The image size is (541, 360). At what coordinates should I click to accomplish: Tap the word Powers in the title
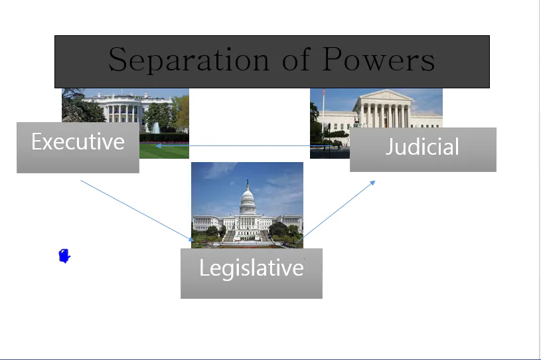(379, 60)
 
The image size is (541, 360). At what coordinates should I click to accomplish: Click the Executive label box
(78, 147)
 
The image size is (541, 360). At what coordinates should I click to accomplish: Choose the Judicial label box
(423, 149)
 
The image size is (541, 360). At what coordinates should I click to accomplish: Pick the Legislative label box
(251, 273)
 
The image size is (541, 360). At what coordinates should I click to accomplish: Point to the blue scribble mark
(64, 256)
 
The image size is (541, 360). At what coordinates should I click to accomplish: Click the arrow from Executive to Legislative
(136, 210)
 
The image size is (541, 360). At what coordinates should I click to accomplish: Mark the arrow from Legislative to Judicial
(335, 211)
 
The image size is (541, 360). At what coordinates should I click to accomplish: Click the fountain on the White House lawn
(155, 128)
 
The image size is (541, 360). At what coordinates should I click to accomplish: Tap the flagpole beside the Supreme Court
(323, 110)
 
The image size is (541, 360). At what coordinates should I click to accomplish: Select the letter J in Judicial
(390, 147)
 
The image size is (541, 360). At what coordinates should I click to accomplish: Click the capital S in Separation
(117, 60)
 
